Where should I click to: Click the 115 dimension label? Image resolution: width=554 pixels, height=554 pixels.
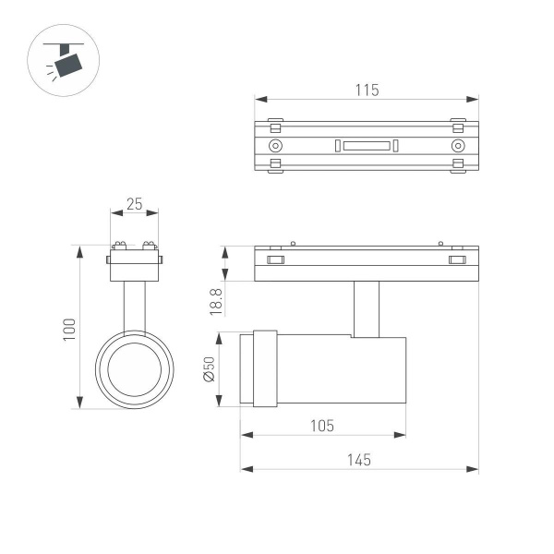(x=367, y=90)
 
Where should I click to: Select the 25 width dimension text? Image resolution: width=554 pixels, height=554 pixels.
(x=134, y=205)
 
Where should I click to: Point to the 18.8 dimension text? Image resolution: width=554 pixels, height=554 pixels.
(x=214, y=300)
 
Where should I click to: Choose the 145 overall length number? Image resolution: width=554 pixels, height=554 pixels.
(x=359, y=460)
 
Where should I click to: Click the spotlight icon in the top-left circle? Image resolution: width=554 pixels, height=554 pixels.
(x=66, y=62)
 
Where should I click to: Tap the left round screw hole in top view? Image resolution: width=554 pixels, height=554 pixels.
(x=275, y=146)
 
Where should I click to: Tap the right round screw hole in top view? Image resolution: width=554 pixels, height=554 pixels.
(x=457, y=146)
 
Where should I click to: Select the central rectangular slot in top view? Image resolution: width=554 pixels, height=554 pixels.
(x=366, y=146)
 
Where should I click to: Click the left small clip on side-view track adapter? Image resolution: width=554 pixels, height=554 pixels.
(x=275, y=260)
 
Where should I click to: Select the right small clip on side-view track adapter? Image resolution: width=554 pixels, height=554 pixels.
(x=457, y=260)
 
